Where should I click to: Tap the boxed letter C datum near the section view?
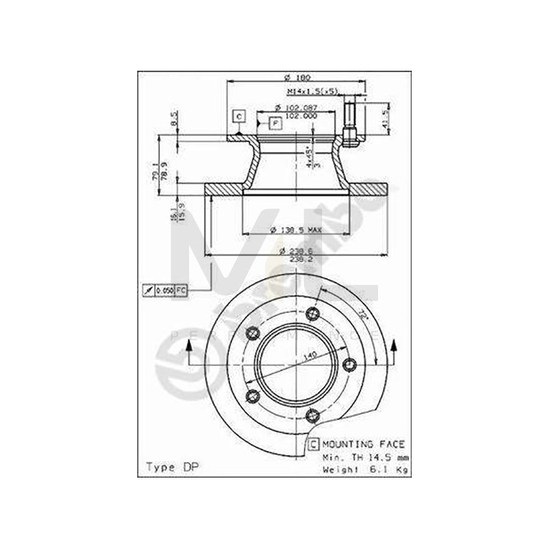pyautogui.click(x=239, y=116)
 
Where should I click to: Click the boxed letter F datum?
pyautogui.click(x=275, y=124)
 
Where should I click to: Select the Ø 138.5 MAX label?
pyautogui.click(x=295, y=231)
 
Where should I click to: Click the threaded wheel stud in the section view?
pyautogui.click(x=350, y=122)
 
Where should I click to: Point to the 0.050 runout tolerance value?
pyautogui.click(x=166, y=290)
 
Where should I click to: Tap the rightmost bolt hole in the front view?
pyautogui.click(x=350, y=365)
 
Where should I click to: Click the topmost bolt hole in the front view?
pyautogui.click(x=314, y=314)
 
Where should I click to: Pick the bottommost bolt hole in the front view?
pyautogui.click(x=314, y=417)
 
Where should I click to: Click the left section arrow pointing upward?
pyautogui.click(x=188, y=353)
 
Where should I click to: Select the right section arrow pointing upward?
pyautogui.click(x=394, y=353)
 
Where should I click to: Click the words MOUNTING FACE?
pyautogui.click(x=363, y=444)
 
